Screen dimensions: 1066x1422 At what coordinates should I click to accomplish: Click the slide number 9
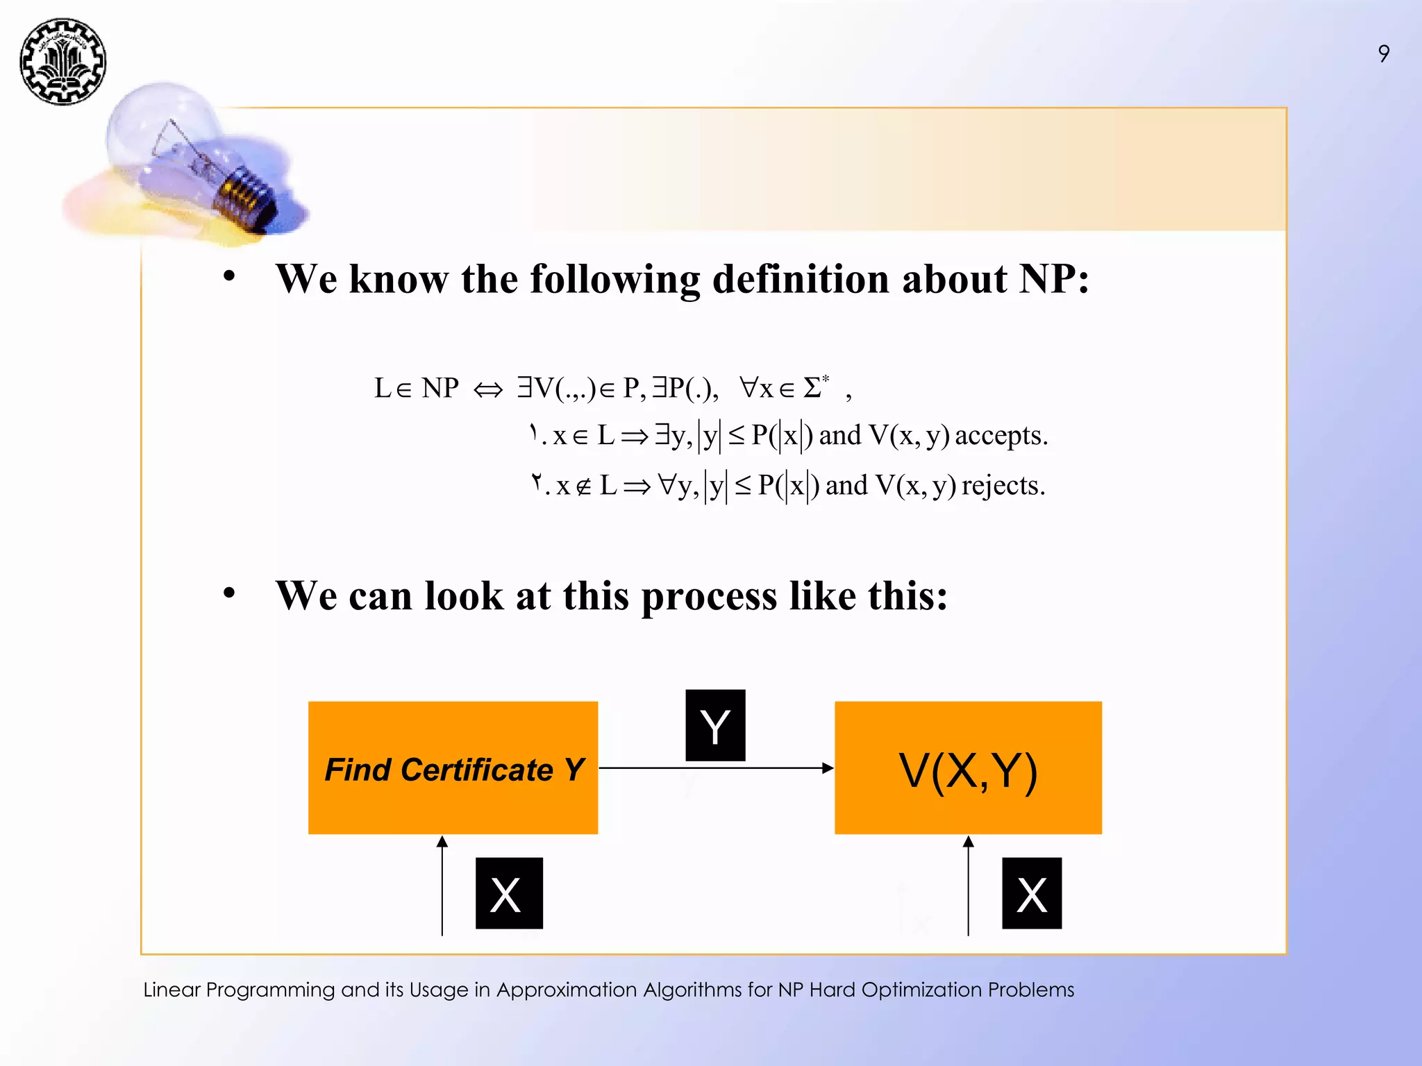[1383, 53]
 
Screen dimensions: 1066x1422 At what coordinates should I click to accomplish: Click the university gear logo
[62, 62]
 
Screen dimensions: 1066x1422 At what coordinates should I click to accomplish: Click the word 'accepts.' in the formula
[1001, 436]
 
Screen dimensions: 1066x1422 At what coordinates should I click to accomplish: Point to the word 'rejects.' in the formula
[1003, 485]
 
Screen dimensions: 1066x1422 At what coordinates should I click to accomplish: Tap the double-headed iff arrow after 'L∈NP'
[487, 390]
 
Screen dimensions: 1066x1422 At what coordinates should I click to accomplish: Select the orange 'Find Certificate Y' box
[453, 768]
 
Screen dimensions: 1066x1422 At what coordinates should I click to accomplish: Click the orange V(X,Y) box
[968, 768]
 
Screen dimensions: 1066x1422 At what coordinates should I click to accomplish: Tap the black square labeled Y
[715, 725]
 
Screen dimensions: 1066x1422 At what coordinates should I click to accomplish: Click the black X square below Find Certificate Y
[509, 893]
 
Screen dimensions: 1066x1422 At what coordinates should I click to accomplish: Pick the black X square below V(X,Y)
[1032, 893]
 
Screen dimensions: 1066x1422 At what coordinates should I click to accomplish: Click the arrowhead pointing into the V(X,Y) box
[827, 768]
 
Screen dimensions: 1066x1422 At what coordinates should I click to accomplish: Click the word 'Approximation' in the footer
[567, 990]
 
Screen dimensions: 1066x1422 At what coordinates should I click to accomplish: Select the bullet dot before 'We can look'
[229, 593]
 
